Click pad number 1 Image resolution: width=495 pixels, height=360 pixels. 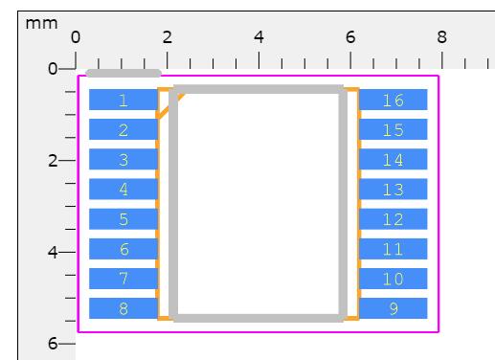(124, 100)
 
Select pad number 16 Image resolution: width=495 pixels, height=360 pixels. (394, 100)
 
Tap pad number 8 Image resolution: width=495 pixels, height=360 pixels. (124, 308)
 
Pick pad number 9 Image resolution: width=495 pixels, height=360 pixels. (394, 308)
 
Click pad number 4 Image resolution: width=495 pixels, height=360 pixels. (124, 189)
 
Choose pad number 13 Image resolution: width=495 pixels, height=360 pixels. (394, 189)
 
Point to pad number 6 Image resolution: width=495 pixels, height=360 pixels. (124, 249)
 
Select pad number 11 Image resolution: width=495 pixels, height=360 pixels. (394, 249)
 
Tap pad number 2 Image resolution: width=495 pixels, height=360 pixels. (124, 129)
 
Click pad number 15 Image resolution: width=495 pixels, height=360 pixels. (394, 129)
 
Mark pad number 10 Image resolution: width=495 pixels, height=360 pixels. (394, 279)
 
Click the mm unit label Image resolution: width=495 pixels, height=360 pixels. (41, 24)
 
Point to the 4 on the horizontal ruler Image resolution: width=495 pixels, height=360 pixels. (259, 37)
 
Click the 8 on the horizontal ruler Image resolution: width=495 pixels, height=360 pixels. (442, 37)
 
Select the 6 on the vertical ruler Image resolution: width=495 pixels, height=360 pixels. (53, 344)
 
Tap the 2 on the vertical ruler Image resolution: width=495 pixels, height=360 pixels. (53, 160)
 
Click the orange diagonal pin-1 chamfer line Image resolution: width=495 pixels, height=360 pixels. (169, 106)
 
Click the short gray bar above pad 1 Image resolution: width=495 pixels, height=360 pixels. (124, 73)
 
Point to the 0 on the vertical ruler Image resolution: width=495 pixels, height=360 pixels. (53, 69)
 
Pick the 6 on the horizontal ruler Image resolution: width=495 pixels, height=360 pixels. (350, 37)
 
